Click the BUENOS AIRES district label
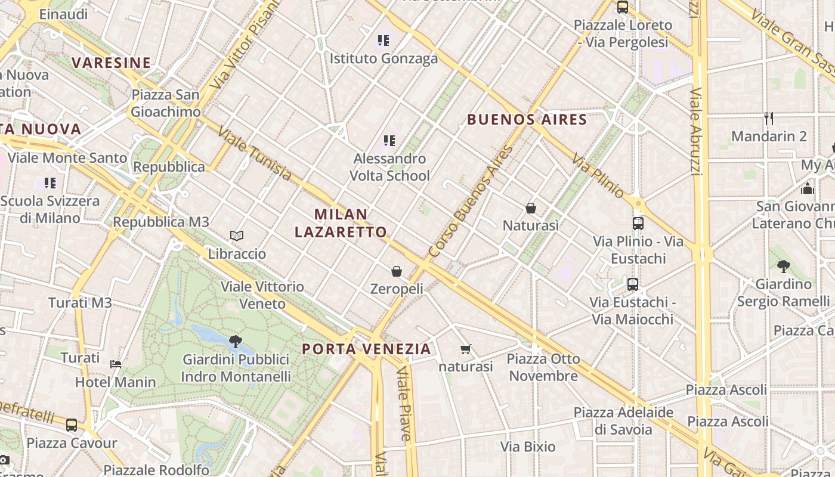click(x=527, y=119)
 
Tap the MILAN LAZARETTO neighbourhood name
click(x=341, y=223)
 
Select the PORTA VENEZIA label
click(x=366, y=349)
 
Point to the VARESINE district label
click(x=112, y=63)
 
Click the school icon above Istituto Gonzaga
click(x=384, y=41)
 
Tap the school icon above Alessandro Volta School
click(x=389, y=141)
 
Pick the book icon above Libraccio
click(x=237, y=236)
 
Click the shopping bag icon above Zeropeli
click(x=397, y=271)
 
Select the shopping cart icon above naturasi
click(x=466, y=349)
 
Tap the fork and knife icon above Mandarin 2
click(x=769, y=119)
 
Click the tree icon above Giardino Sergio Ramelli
click(x=783, y=267)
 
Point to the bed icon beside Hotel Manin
click(x=116, y=364)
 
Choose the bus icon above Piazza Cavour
click(x=72, y=425)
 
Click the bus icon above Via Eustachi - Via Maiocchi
click(x=633, y=284)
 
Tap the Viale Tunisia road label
click(x=255, y=153)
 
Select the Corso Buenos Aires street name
click(x=471, y=202)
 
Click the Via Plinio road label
click(x=598, y=175)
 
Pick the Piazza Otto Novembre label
click(x=543, y=367)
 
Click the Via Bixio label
click(x=528, y=447)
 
